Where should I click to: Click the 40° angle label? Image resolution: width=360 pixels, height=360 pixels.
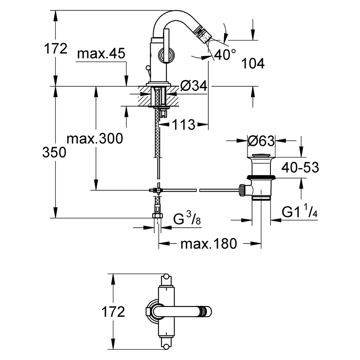(x=225, y=54)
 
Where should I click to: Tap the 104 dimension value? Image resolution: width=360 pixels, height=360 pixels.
(x=253, y=63)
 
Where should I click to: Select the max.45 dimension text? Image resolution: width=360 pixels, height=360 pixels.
(x=101, y=53)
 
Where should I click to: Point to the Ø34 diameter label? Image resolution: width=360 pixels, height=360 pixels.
(x=193, y=85)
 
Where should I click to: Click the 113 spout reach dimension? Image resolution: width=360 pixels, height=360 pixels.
(x=184, y=125)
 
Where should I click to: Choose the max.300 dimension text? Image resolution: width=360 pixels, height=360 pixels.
(x=95, y=139)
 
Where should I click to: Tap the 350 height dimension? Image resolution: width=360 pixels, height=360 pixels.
(x=54, y=152)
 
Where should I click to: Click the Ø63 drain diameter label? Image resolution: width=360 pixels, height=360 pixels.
(x=261, y=140)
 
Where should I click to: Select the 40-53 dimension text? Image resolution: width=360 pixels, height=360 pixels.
(x=300, y=167)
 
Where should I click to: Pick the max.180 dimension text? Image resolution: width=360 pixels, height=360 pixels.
(x=209, y=243)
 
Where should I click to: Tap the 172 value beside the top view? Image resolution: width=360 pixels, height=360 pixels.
(x=113, y=311)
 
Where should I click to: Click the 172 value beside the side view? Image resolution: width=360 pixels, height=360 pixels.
(x=55, y=48)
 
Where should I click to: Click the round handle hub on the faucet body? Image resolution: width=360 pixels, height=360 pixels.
(x=166, y=55)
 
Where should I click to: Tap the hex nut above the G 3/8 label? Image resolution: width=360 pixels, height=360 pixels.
(x=157, y=216)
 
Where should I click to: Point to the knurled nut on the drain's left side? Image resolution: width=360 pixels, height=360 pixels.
(x=242, y=190)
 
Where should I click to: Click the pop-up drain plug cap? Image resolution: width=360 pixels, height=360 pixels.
(x=261, y=155)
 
